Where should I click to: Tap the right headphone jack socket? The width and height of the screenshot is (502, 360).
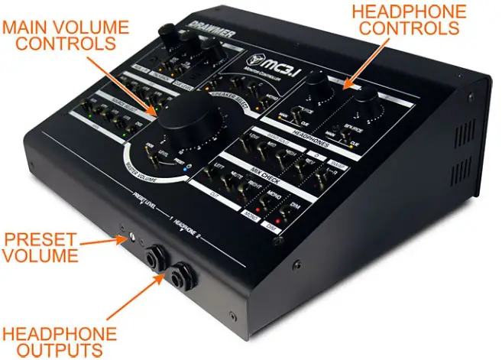tap(184, 271)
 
